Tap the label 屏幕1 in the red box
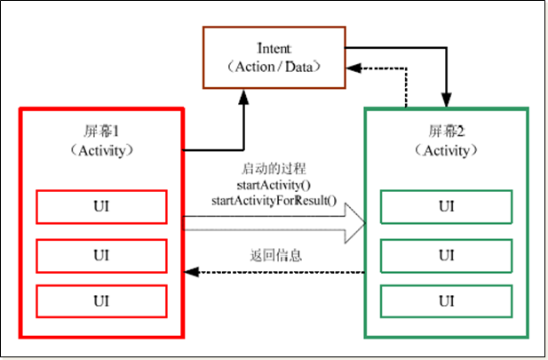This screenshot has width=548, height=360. click(101, 129)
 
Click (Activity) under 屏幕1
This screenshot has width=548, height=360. click(101, 148)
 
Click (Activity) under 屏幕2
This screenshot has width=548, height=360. click(446, 150)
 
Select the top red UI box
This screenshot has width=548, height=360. click(101, 206)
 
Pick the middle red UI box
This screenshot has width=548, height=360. click(101, 255)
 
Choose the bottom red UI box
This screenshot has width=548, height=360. click(101, 300)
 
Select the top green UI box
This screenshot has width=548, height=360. click(446, 206)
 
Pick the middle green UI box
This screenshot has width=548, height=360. click(446, 255)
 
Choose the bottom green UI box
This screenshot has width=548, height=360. click(446, 300)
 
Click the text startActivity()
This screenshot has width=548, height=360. click(274, 184)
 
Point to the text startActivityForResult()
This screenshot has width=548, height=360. click(274, 199)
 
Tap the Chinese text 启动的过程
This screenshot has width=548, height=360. click(274, 169)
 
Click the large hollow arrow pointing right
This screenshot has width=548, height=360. click(275, 220)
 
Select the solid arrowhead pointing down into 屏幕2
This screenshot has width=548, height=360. click(446, 101)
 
